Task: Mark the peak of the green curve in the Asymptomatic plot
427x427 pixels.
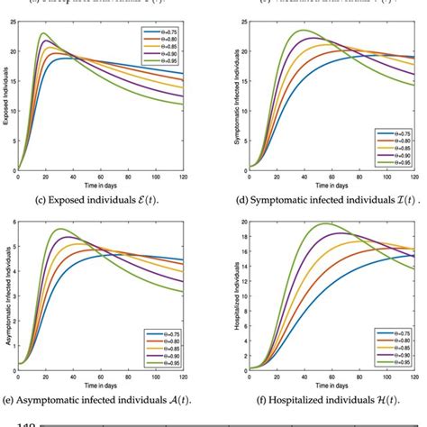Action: [59, 229]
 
